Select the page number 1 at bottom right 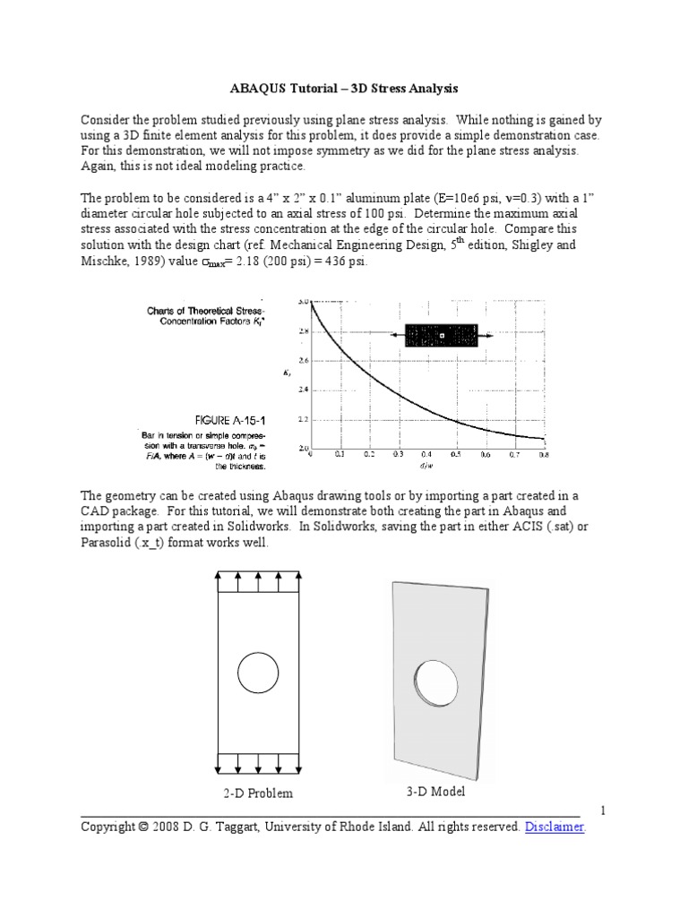[x=603, y=810]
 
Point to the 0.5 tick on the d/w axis [x=455, y=455]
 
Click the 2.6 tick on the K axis [x=302, y=361]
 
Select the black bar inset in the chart [x=442, y=335]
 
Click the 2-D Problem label [x=258, y=793]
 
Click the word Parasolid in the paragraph [x=109, y=544]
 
